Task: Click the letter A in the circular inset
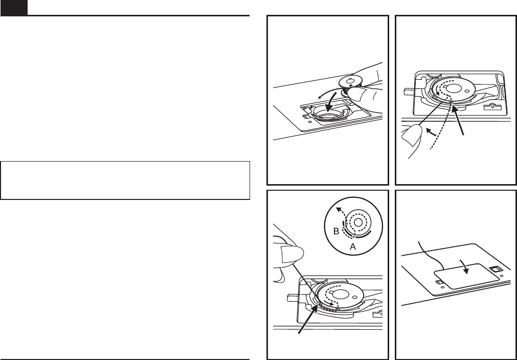coord(353,246)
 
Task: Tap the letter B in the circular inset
coord(336,231)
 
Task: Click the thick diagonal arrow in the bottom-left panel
coord(308,319)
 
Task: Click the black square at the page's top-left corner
coord(14,8)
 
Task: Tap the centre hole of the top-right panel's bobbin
coord(455,87)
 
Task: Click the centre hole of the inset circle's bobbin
coord(358,223)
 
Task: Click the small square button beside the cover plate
coord(494,269)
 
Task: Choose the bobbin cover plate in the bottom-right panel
coord(466,276)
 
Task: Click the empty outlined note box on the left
coord(125,181)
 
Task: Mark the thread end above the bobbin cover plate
coord(419,242)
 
